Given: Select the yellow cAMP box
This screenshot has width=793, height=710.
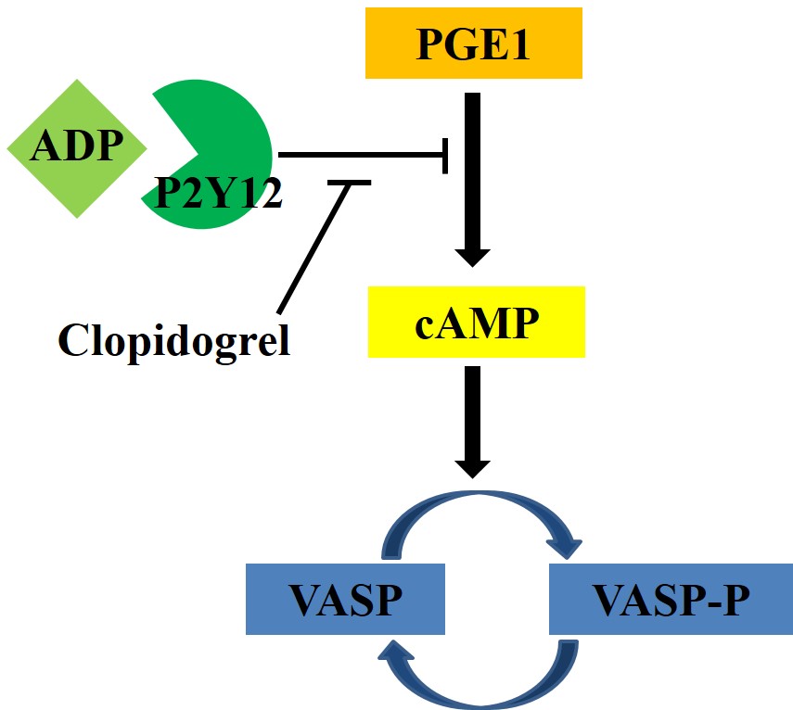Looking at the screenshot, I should click(477, 322).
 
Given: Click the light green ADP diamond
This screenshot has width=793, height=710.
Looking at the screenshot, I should click(77, 148).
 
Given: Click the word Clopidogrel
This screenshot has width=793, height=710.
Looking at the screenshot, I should click(174, 340).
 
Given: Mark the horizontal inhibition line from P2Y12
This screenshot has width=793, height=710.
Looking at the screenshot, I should click(362, 156).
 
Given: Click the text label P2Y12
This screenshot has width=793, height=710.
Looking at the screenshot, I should click(219, 194).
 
